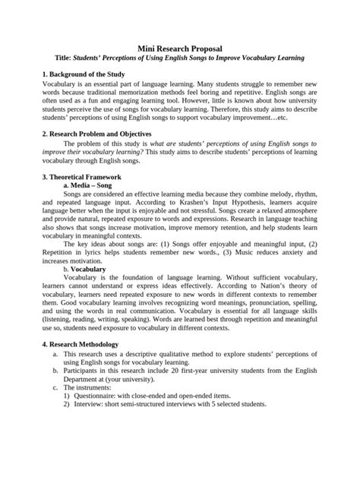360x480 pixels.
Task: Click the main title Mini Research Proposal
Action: [179, 46]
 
